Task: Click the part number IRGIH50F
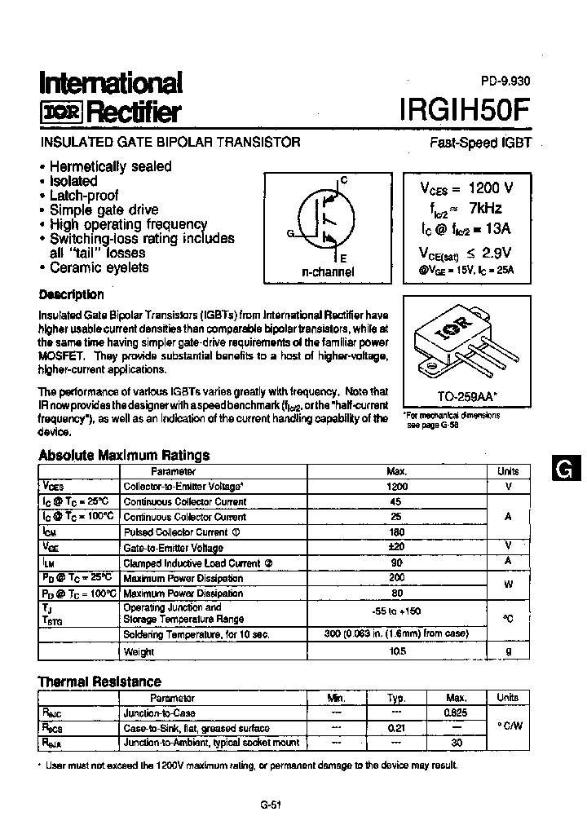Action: (466, 110)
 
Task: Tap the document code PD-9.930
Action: (505, 81)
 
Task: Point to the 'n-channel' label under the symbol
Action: (328, 271)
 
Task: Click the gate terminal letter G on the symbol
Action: (289, 232)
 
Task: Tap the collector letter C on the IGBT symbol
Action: (343, 179)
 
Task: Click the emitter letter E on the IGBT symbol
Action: (342, 258)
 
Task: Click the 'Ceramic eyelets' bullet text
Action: (99, 267)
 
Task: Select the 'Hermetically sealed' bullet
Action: (110, 166)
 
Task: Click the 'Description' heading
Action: (72, 294)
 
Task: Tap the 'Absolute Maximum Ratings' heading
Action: (124, 455)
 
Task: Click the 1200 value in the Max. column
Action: (397, 487)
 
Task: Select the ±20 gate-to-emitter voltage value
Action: (397, 547)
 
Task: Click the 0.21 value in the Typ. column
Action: (397, 728)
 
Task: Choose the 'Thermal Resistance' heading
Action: (99, 682)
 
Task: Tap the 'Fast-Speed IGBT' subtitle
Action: (481, 142)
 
